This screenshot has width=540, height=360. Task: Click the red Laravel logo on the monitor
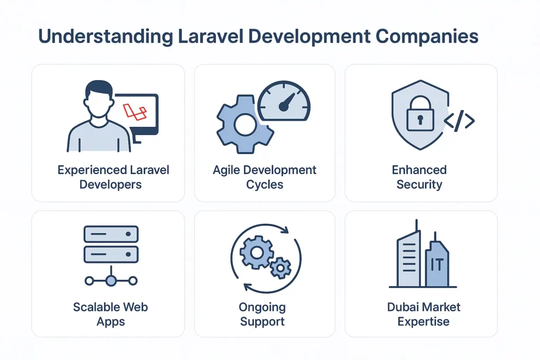coord(134,111)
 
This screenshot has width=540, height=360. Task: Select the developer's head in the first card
coord(99,100)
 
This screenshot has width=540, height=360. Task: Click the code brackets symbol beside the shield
coord(459,121)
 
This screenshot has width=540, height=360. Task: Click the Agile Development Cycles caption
coord(265,178)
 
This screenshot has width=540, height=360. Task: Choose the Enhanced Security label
coord(419,178)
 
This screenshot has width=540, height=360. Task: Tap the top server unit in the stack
coord(111,233)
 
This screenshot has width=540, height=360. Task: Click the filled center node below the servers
coord(111,280)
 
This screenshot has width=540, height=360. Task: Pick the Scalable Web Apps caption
coord(110,314)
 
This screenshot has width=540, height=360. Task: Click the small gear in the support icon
coord(280,268)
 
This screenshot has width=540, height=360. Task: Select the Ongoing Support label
coord(262,314)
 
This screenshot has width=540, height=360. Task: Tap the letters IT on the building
coord(438,264)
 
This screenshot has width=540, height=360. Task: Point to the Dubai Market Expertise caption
coord(423,314)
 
